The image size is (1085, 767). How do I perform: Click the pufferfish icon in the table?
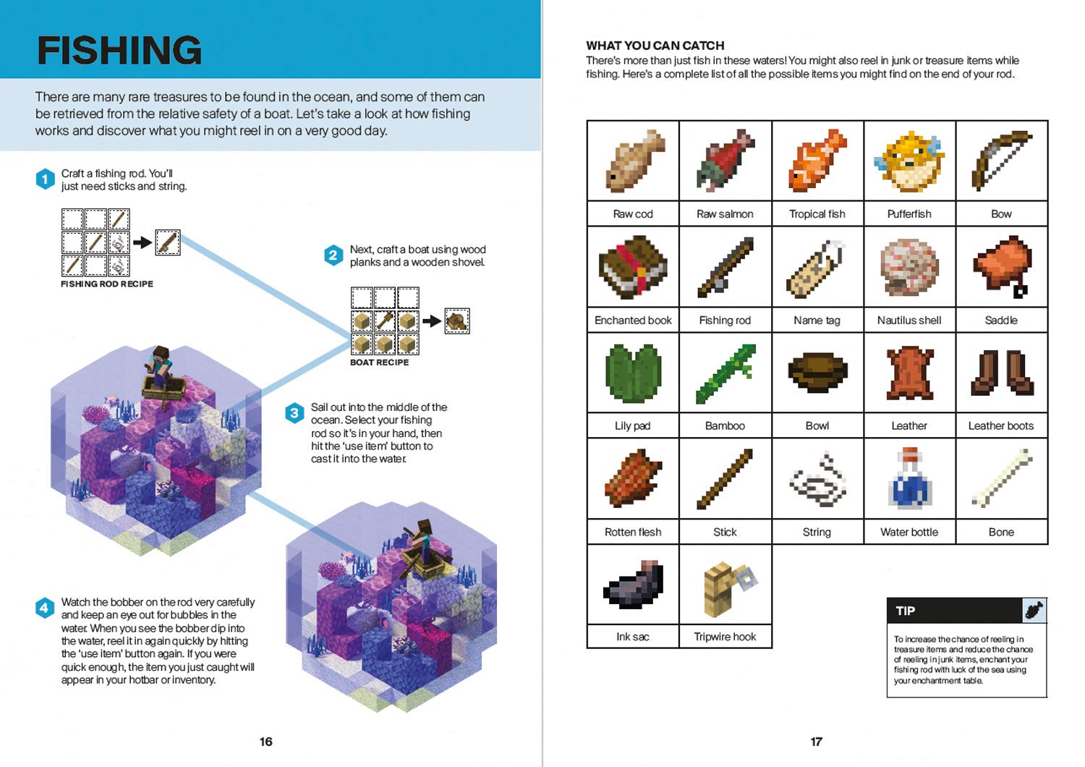[x=909, y=161]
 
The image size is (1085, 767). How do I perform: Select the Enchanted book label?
[x=633, y=320]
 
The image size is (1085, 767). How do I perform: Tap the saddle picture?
[x=1002, y=266]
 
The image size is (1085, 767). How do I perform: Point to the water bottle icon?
[x=909, y=478]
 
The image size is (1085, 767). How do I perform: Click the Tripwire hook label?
[x=725, y=637]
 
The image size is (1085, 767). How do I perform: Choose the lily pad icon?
[x=633, y=372]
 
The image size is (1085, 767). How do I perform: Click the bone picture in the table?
[x=1002, y=478]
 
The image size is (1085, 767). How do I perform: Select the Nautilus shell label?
[x=909, y=320]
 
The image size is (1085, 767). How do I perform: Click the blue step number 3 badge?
[x=294, y=413]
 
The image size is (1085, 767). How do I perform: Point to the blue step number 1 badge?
[x=45, y=179]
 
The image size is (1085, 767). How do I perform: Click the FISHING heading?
[x=119, y=50]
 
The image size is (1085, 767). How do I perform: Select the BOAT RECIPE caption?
[x=379, y=362]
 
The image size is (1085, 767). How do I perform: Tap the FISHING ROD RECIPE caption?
[x=107, y=284]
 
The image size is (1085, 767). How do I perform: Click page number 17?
[x=816, y=741]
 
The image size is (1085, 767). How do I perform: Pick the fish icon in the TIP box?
[x=1034, y=610]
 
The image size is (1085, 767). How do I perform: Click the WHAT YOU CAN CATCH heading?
[x=655, y=45]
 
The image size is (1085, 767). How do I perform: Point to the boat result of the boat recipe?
[x=456, y=321]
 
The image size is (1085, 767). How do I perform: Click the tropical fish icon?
[x=817, y=161]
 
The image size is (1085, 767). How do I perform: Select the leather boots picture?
[x=1002, y=372]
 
